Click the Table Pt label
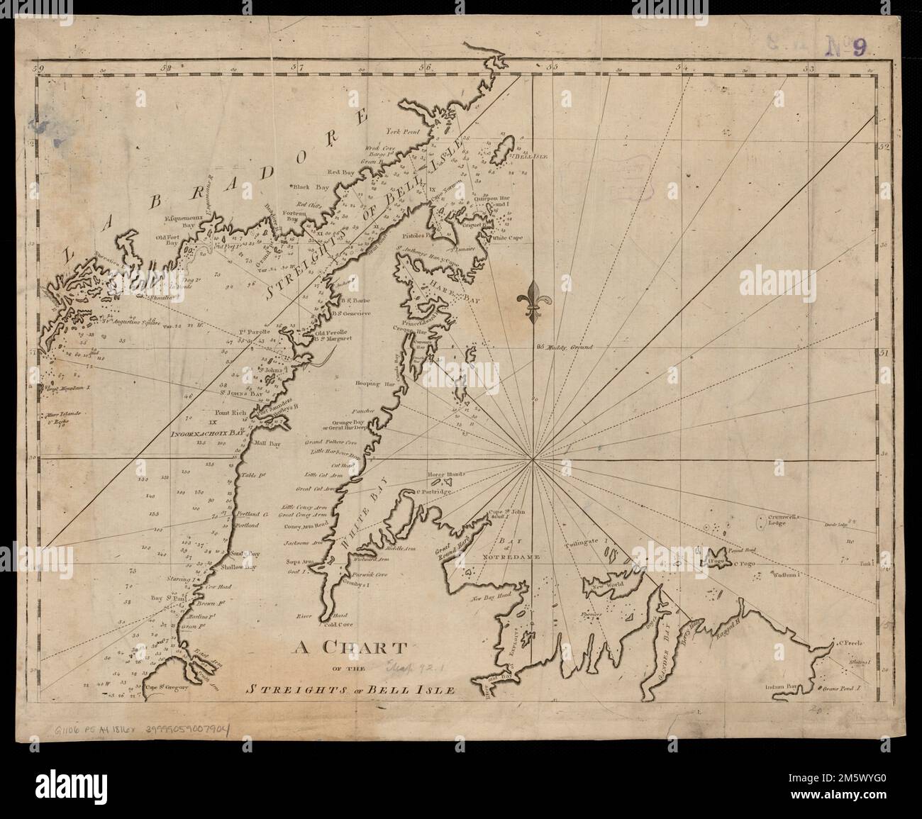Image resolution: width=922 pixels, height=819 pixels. pos(251,476)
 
